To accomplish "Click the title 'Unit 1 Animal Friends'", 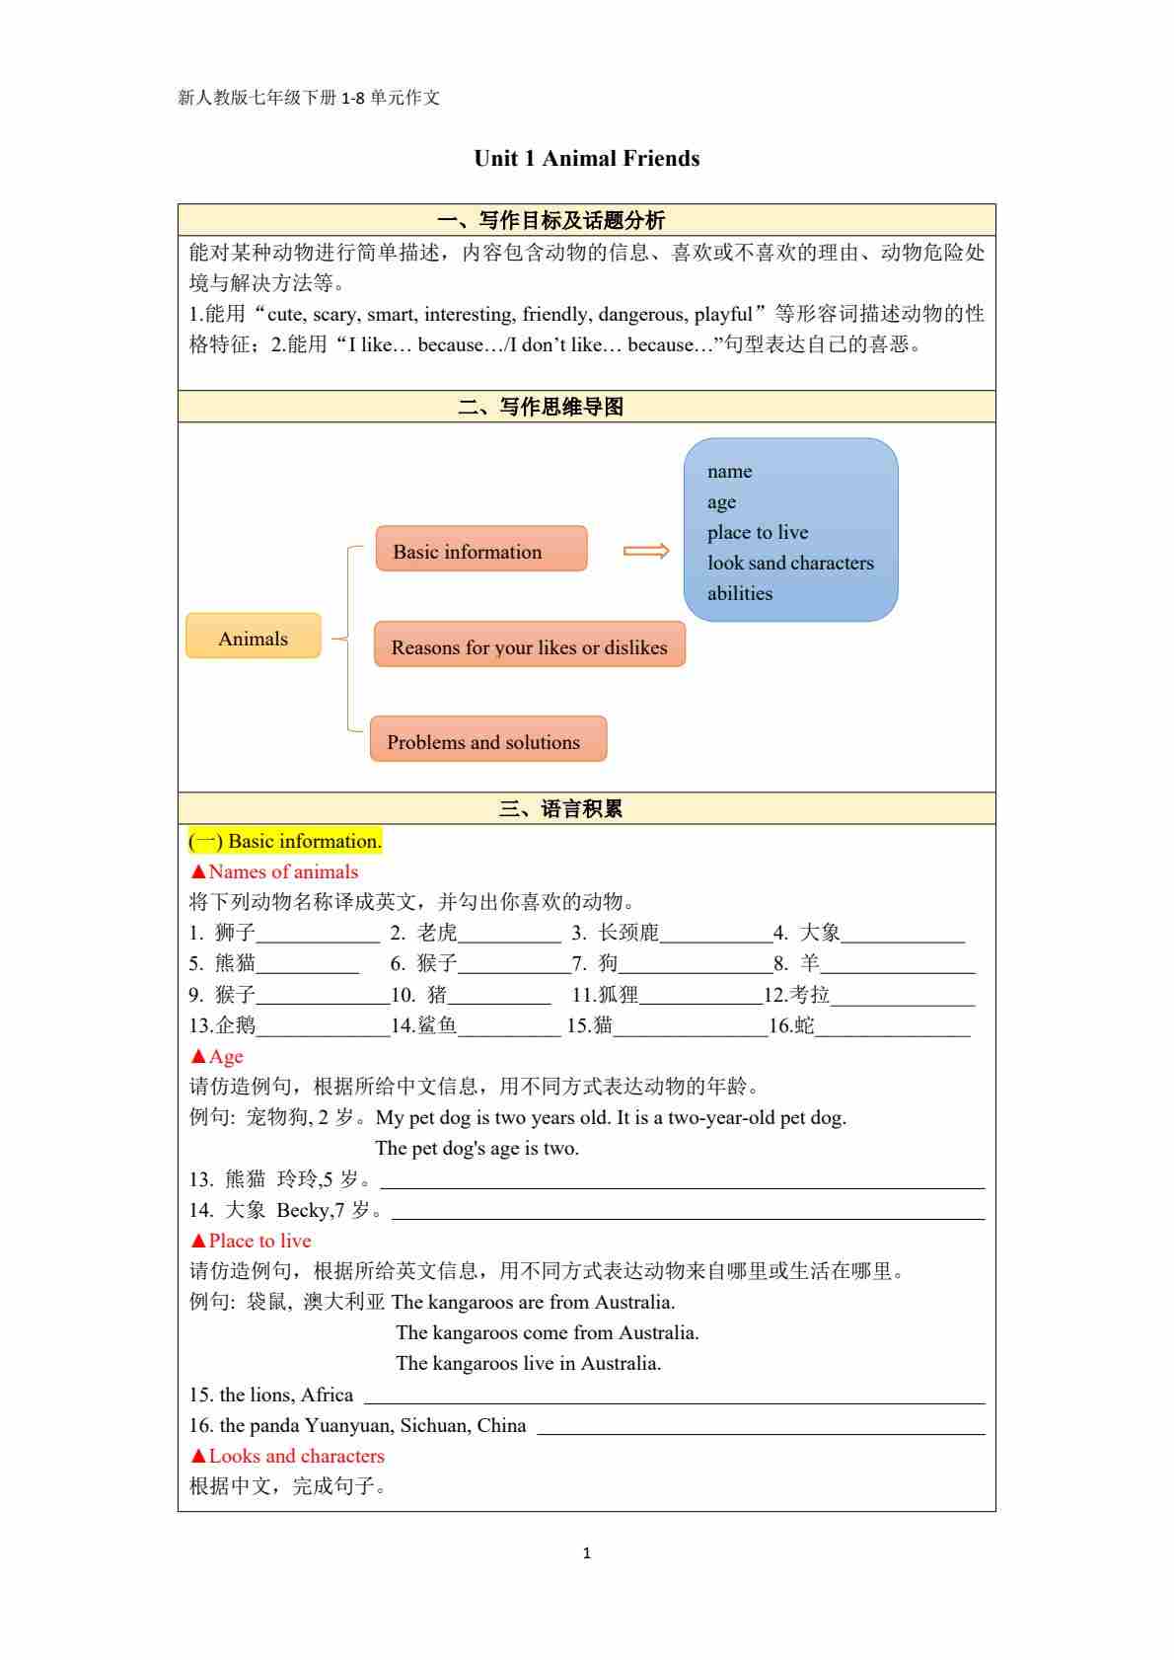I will click(586, 159).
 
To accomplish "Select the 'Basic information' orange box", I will click(480, 550).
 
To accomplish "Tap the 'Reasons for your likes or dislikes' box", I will click(529, 645).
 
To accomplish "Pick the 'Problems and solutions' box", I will click(487, 740).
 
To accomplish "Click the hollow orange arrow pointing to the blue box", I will click(646, 551).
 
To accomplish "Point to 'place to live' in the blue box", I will click(757, 533).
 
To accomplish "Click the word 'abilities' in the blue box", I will click(739, 594).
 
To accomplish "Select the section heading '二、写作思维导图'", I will click(541, 407).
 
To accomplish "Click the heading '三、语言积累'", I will click(560, 809).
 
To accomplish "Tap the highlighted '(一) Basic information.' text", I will click(285, 841).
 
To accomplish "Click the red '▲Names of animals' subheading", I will click(274, 871).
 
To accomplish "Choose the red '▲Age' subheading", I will click(217, 1056).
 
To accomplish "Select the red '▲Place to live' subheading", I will click(251, 1241).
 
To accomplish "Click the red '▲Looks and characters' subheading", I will click(287, 1456).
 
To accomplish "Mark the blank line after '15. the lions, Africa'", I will click(674, 1396).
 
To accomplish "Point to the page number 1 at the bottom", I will click(587, 1553).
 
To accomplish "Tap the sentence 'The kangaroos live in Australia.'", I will click(528, 1363).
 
